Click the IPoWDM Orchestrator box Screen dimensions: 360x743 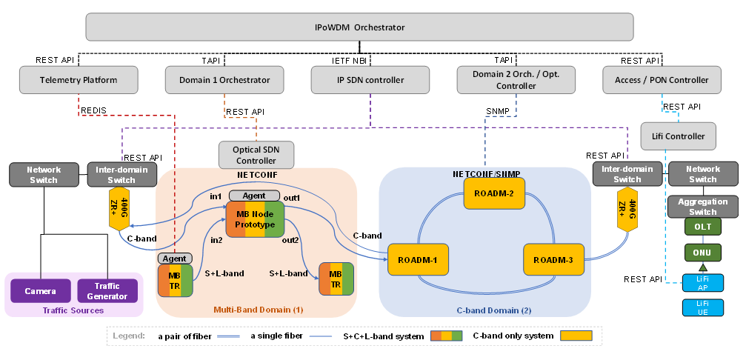tap(360, 27)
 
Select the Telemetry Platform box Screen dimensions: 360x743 tap(79, 80)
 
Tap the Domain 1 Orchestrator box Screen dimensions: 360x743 tap(224, 80)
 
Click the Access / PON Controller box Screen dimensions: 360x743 tap(661, 80)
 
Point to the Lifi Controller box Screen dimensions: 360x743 tap(679, 136)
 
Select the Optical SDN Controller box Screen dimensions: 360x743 tap(256, 155)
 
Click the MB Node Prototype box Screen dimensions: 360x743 tap(255, 219)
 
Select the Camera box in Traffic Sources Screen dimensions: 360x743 tap(40, 291)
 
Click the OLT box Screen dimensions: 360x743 tap(702, 225)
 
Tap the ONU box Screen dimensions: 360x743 tap(702, 252)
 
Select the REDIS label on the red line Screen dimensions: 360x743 tap(93, 110)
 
